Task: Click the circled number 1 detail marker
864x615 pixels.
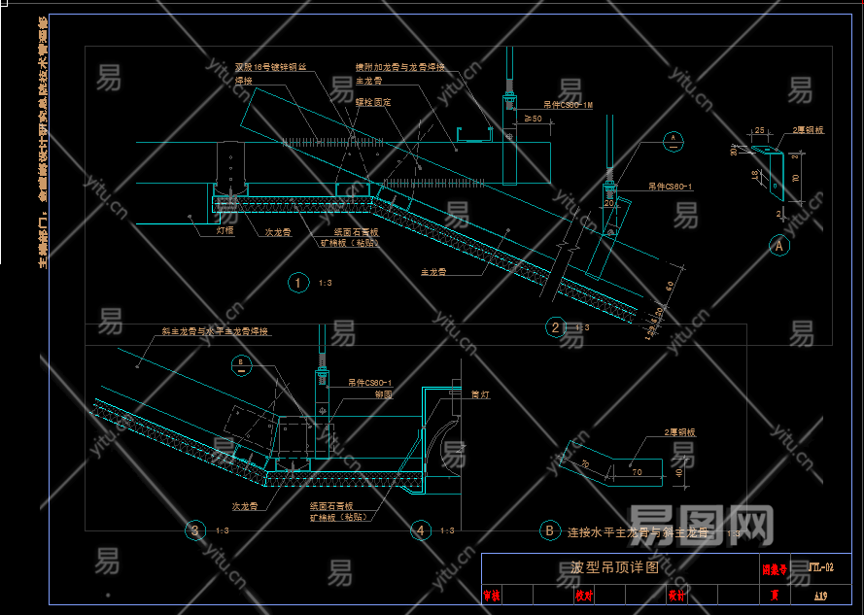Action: click(298, 283)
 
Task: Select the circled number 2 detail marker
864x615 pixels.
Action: click(555, 327)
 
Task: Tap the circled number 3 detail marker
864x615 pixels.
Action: click(196, 530)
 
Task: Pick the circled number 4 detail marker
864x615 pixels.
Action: click(420, 530)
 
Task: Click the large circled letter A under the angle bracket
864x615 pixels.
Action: click(778, 247)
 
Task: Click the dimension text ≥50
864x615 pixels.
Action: click(533, 119)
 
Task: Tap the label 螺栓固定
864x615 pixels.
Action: click(373, 101)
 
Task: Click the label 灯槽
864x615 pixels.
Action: click(225, 231)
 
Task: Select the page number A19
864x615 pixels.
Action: click(821, 593)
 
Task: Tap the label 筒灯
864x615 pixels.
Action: click(480, 394)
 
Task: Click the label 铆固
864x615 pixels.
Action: click(356, 394)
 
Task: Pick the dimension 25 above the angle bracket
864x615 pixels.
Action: click(759, 128)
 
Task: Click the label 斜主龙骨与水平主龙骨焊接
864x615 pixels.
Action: click(215, 331)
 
